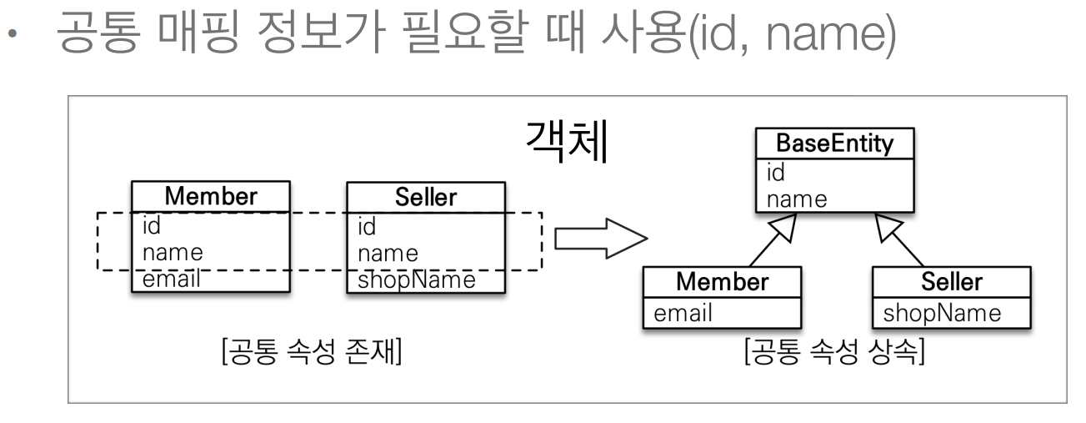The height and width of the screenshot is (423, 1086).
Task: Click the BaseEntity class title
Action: [834, 144]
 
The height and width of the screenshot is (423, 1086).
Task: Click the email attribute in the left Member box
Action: [172, 279]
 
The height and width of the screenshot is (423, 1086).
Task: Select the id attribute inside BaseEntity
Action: [775, 174]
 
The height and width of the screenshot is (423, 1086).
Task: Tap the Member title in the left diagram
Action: [210, 196]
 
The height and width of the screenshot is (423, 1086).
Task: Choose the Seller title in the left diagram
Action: [425, 196]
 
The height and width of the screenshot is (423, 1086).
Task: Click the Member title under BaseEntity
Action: [722, 281]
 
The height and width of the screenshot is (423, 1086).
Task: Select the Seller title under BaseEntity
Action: [951, 281]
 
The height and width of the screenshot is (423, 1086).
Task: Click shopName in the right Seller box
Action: [939, 314]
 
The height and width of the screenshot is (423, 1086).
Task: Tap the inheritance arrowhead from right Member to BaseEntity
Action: [785, 226]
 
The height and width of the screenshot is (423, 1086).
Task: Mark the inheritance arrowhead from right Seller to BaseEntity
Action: [886, 226]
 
